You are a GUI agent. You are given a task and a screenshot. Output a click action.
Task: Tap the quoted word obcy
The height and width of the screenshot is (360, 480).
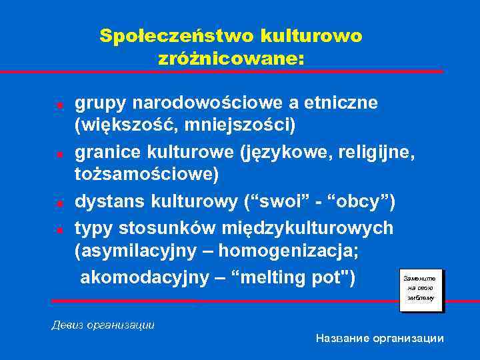tap(365, 201)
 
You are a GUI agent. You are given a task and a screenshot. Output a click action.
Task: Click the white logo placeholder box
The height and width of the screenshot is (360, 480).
tap(419, 288)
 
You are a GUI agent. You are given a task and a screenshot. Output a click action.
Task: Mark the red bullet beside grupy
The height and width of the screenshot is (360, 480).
tap(59, 105)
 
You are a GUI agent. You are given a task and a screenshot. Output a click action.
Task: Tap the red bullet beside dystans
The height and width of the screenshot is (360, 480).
tap(59, 202)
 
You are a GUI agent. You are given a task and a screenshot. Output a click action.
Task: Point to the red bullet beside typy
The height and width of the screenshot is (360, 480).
tap(59, 229)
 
